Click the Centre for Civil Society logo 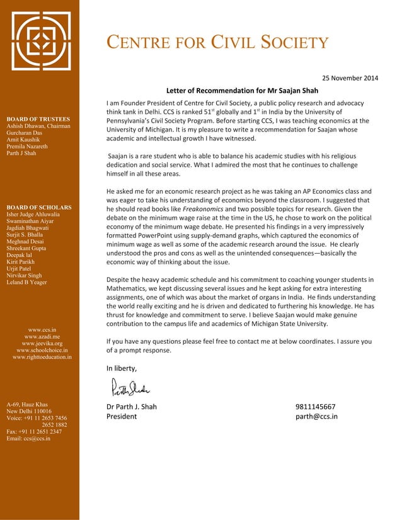click(39, 42)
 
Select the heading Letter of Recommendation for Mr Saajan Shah click(242, 91)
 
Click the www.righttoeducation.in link click(42, 358)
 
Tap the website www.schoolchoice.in click(42, 351)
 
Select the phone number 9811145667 click(315, 406)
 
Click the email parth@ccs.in click(316, 416)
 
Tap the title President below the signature click(121, 416)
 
